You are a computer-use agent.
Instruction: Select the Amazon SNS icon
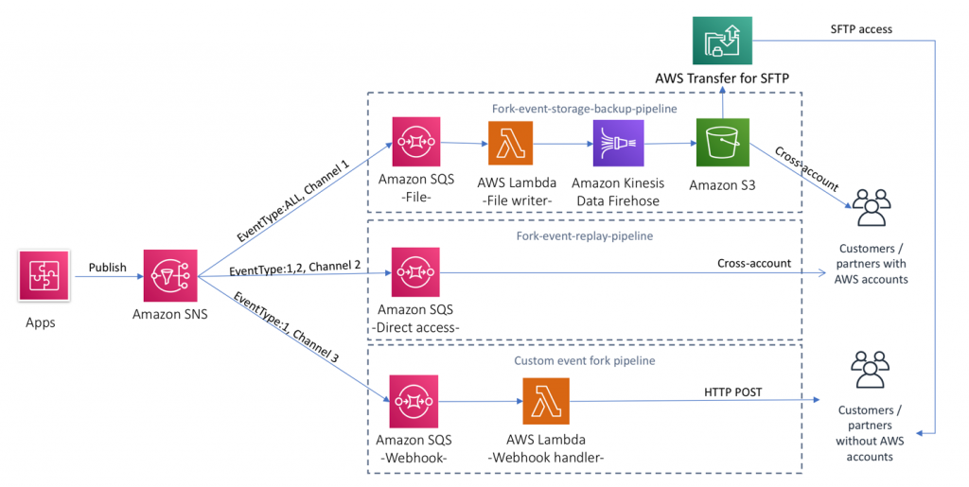[171, 276]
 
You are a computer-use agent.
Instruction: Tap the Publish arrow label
[107, 267]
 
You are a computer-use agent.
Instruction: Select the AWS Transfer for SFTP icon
[723, 40]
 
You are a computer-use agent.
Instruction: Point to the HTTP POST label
[735, 391]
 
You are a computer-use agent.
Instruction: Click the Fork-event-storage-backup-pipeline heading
[584, 109]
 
